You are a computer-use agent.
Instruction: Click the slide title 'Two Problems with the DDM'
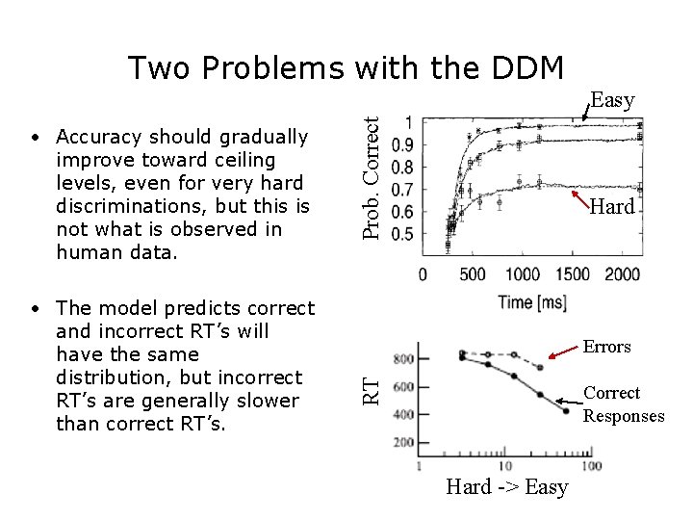pos(346,68)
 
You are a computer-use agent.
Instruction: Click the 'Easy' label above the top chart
pos(612,99)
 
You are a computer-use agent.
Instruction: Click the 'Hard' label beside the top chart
pos(612,206)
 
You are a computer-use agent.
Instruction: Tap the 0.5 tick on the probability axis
pos(404,234)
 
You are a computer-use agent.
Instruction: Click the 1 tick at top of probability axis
pos(410,122)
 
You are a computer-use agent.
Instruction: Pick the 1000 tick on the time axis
pos(523,274)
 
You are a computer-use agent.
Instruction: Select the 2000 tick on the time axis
pos(622,274)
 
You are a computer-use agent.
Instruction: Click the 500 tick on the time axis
pos(473,274)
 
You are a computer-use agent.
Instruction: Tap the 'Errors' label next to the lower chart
pos(606,347)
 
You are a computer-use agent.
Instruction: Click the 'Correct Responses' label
pos(623,404)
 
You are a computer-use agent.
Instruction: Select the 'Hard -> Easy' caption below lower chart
pos(506,487)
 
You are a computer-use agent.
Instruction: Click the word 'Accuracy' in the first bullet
pos(98,137)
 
